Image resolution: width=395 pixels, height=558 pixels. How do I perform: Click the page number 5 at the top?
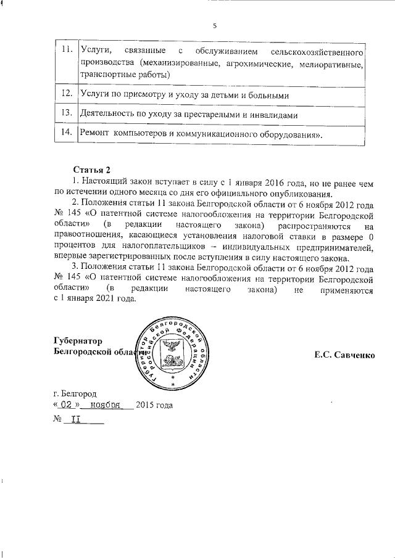pos(214,25)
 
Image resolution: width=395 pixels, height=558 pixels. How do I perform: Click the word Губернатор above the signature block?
pos(78,342)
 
